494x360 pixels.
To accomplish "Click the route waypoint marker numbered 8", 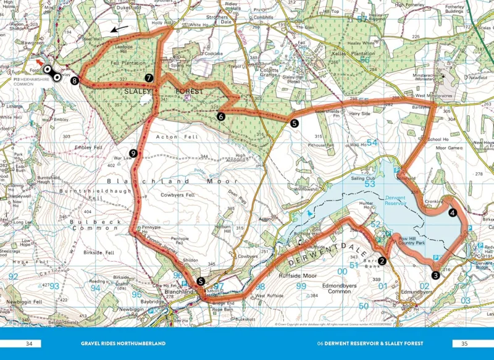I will (75, 81).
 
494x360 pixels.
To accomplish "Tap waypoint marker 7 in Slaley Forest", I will (149, 78).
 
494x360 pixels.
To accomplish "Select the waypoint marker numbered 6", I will (220, 115).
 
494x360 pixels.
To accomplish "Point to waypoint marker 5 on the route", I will (295, 123).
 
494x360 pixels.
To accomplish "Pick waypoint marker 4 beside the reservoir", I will (453, 213).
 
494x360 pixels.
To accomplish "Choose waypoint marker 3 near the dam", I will (435, 275).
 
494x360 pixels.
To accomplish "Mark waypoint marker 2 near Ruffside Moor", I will (382, 261).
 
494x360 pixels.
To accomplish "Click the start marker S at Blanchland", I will (201, 282).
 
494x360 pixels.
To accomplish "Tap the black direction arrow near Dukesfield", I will (120, 28).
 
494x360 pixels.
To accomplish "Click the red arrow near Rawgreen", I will (39, 62).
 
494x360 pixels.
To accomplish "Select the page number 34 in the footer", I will (28, 343).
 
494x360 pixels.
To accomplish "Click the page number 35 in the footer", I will (465, 343).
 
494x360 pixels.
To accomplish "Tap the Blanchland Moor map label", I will (172, 182).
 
